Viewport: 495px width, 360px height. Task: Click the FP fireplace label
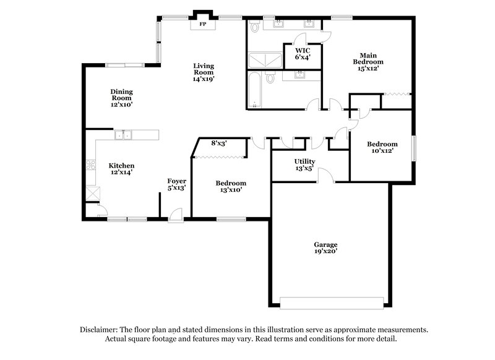tap(202, 25)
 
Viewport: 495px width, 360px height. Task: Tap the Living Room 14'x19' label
tap(203, 72)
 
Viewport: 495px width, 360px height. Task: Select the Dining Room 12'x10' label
tap(122, 98)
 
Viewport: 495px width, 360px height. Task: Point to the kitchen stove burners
tap(91, 165)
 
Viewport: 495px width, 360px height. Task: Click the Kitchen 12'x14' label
tap(122, 169)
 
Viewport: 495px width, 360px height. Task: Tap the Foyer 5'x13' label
tap(177, 184)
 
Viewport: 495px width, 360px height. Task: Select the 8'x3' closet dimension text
tap(218, 144)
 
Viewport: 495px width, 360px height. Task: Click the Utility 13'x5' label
tap(304, 165)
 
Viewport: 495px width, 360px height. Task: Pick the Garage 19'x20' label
tap(325, 248)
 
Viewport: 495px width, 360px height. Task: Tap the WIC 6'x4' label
tap(303, 53)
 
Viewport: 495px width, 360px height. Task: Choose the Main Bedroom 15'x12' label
tap(368, 62)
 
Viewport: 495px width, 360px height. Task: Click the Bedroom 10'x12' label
tap(381, 147)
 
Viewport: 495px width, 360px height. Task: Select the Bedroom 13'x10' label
tap(230, 186)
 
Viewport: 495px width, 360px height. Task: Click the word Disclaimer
tap(101, 330)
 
